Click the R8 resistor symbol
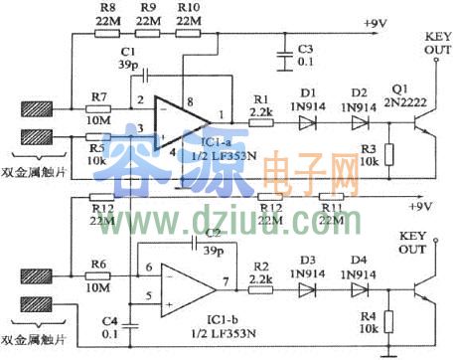coord(106,32)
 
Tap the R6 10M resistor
coord(97,270)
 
